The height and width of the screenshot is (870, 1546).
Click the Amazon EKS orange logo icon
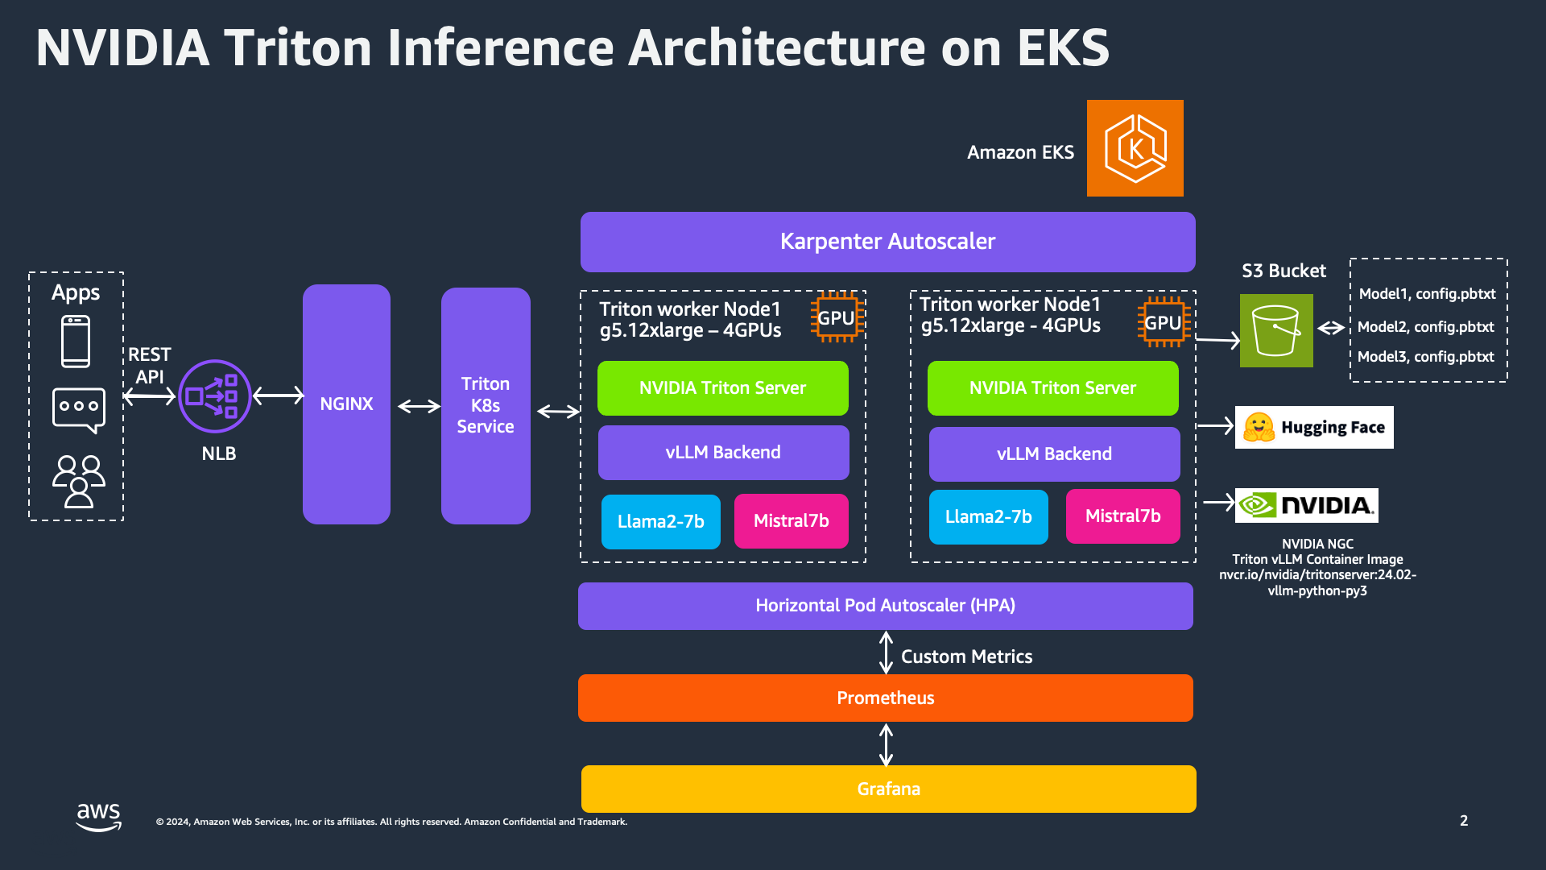(x=1135, y=148)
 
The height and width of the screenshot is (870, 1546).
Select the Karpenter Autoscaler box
(x=887, y=242)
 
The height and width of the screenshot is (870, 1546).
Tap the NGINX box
(x=346, y=404)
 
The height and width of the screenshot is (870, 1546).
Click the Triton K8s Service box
(x=486, y=405)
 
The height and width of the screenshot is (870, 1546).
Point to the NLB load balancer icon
(x=214, y=396)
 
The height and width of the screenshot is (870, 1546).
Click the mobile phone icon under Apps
(x=76, y=342)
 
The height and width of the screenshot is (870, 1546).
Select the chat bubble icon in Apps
(x=78, y=409)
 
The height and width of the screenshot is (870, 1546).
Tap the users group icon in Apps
(x=78, y=481)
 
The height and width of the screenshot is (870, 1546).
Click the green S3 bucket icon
(x=1276, y=330)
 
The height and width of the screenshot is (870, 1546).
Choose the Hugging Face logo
(x=1314, y=427)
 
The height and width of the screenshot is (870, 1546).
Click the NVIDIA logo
(x=1306, y=505)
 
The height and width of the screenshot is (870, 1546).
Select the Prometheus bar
(x=885, y=698)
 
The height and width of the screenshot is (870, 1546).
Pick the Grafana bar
(x=888, y=789)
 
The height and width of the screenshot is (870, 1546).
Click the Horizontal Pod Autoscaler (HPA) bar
(x=885, y=606)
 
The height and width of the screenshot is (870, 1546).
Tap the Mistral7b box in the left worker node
(x=791, y=521)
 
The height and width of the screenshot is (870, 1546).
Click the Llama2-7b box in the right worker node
(x=988, y=517)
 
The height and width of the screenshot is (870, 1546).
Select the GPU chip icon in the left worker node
(x=837, y=317)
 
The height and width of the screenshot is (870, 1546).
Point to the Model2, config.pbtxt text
(x=1425, y=327)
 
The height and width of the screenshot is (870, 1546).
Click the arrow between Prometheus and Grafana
(x=886, y=744)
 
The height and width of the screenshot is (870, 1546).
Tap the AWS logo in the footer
(x=98, y=816)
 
